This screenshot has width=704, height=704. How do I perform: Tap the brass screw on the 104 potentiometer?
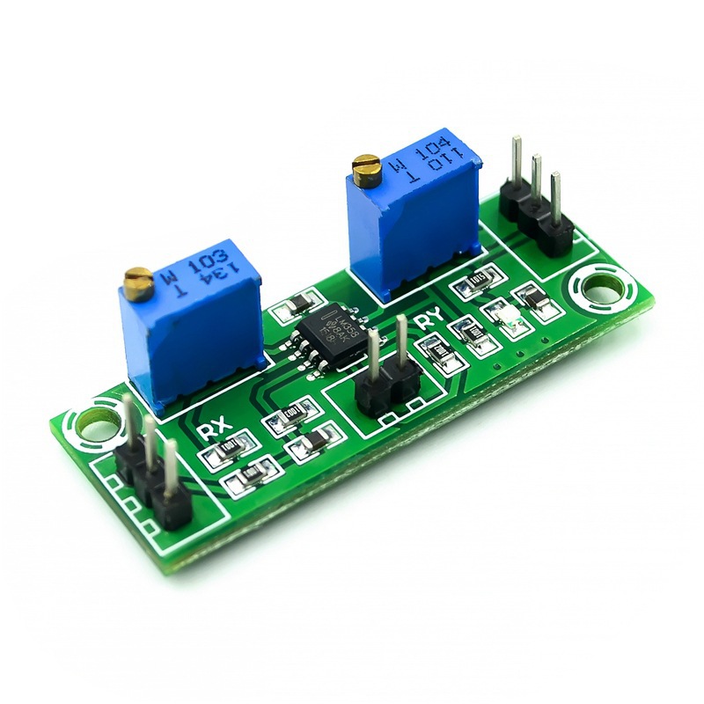[365, 165]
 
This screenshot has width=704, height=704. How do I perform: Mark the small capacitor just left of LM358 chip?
[294, 306]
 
